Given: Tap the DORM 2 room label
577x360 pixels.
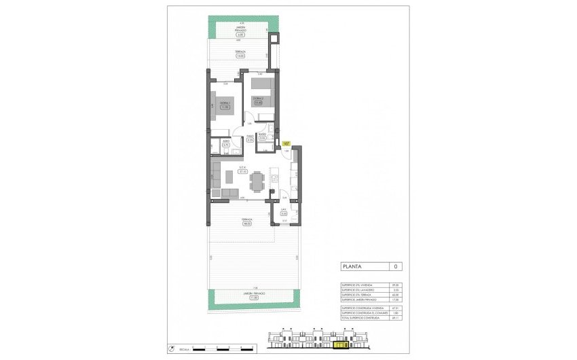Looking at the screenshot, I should [258, 99].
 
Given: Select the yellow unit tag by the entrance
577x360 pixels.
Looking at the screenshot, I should [286, 143].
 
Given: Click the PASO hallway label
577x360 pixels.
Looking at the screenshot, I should [250, 137].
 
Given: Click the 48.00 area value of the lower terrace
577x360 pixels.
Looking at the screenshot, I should [247, 223].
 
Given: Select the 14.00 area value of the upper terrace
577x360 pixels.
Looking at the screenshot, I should [241, 56].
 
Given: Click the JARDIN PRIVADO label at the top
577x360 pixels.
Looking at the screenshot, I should [241, 29].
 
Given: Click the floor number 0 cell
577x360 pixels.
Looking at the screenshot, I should [395, 266].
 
